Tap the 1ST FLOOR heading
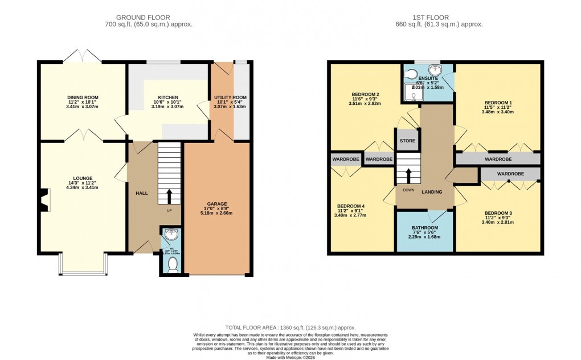[439, 18]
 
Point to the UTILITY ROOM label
[230, 97]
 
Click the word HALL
[142, 194]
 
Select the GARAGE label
[217, 203]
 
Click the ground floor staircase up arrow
[169, 196]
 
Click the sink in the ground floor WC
[169, 234]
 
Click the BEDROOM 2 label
[365, 95]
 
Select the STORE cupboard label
[407, 141]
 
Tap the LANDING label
[432, 192]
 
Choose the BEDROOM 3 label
[497, 213]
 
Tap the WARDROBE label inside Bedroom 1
[498, 159]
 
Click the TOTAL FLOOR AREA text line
[290, 328]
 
